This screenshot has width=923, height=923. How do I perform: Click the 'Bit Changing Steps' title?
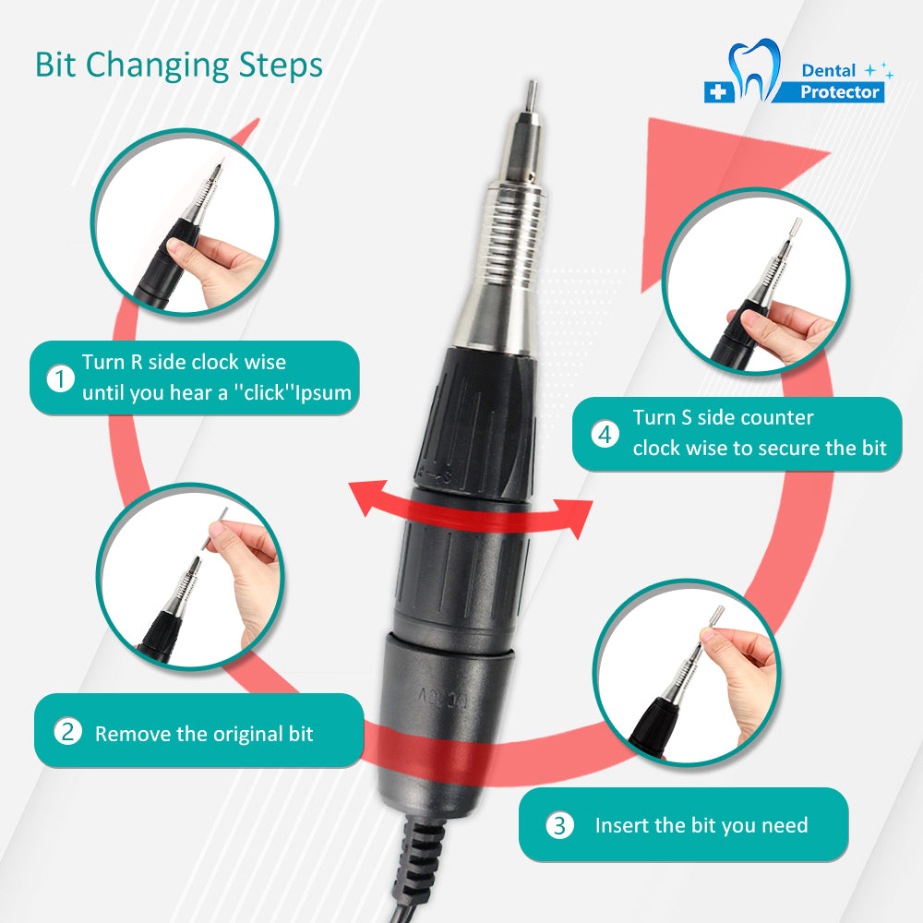[x=179, y=66]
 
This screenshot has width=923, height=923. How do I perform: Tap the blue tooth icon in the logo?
[x=754, y=69]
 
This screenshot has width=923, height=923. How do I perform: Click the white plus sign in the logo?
[x=717, y=91]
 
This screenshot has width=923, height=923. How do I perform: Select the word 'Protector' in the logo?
[x=839, y=91]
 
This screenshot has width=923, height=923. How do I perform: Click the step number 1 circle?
[x=60, y=378]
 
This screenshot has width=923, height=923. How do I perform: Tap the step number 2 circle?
[x=67, y=732]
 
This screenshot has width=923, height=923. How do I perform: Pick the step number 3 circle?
[x=559, y=824]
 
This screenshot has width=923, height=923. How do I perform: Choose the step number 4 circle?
[x=605, y=435]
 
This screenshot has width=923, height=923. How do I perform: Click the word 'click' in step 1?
[x=265, y=392]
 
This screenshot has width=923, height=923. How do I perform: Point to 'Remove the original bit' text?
[x=204, y=734]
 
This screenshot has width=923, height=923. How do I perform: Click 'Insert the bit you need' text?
[x=701, y=825]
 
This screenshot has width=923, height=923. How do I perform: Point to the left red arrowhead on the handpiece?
[x=369, y=497]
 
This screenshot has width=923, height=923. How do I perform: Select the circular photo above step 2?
[x=190, y=576]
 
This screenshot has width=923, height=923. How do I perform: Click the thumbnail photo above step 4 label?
[x=756, y=281]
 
